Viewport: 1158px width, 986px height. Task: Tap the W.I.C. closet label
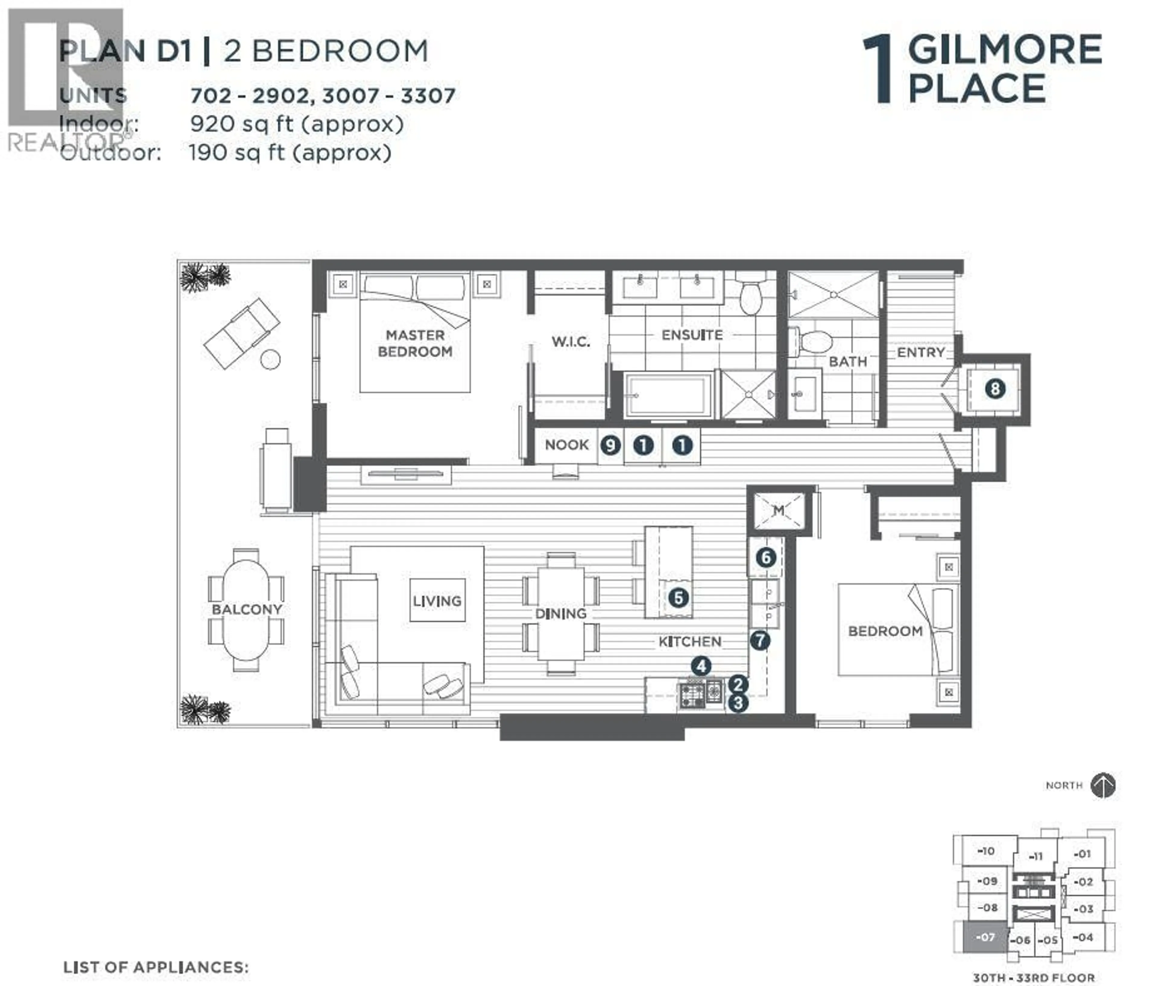click(x=571, y=341)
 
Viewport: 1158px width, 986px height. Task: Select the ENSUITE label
click(x=692, y=335)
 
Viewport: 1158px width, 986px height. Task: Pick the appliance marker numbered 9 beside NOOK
click(x=611, y=445)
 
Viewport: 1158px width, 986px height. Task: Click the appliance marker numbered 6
click(x=766, y=557)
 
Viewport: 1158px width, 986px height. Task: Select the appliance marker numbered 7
click(x=760, y=640)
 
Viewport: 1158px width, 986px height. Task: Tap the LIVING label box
click(x=437, y=600)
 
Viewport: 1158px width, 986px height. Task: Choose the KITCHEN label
click(x=690, y=641)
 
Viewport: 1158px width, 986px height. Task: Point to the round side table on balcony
click(x=271, y=359)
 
